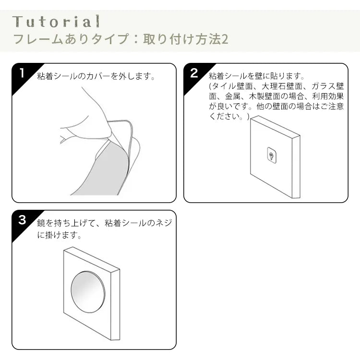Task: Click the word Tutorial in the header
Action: click(x=56, y=22)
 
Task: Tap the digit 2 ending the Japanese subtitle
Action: click(x=224, y=39)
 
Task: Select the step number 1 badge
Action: click(x=22, y=73)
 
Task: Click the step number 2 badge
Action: click(x=194, y=73)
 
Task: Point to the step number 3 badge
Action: click(x=22, y=220)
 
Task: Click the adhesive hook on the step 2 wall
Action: click(x=271, y=155)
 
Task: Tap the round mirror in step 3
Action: click(x=88, y=291)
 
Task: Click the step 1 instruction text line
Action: click(x=96, y=76)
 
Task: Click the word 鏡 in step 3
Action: click(x=41, y=223)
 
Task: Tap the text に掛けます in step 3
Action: click(x=59, y=235)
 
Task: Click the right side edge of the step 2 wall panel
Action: click(x=296, y=167)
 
